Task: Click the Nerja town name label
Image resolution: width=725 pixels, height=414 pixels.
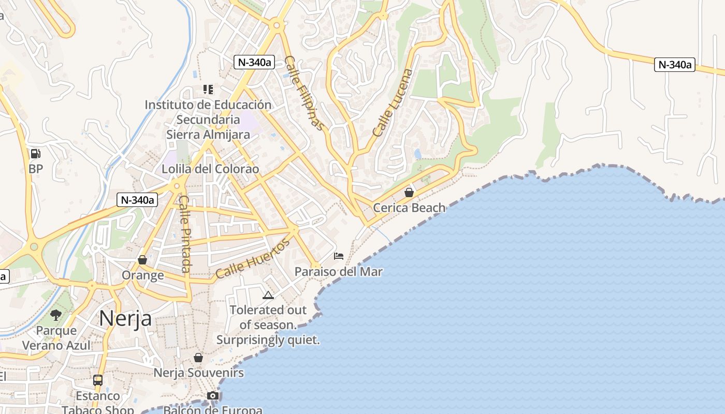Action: (125, 318)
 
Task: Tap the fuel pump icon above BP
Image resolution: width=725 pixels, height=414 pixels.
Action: (36, 153)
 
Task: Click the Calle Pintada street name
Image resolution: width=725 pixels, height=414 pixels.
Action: (185, 233)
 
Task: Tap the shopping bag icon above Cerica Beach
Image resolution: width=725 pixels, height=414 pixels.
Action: (409, 193)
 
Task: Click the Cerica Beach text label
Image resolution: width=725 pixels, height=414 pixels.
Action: (409, 208)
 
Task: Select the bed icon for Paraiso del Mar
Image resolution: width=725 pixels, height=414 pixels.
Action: (339, 256)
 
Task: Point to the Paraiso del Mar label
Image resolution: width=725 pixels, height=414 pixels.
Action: (339, 271)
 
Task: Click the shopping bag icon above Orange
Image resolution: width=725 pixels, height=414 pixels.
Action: (142, 260)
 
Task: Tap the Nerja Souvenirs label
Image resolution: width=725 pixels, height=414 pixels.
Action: (198, 373)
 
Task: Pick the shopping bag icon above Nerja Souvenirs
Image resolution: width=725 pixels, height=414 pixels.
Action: (198, 358)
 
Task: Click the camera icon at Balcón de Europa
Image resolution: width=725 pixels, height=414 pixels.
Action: (212, 396)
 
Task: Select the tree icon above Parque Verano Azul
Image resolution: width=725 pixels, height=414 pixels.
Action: (56, 315)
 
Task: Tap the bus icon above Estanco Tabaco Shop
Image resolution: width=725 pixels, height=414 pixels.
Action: (98, 380)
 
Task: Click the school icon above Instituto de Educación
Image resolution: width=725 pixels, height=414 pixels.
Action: (208, 90)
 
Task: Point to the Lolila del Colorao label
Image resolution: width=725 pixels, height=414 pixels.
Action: (210, 169)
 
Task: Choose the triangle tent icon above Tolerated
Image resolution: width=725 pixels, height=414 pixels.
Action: (268, 295)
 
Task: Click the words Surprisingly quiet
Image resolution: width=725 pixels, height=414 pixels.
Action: (268, 340)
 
